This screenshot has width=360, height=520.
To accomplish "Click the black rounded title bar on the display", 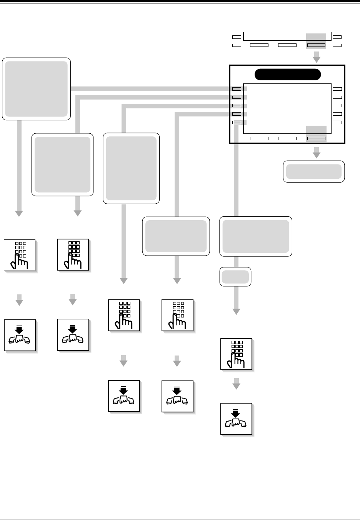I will click(288, 75).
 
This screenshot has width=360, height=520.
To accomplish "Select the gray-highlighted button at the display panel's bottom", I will click(316, 138).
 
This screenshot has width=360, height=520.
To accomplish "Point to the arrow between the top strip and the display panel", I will click(316, 58).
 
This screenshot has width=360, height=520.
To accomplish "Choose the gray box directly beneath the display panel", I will click(314, 171).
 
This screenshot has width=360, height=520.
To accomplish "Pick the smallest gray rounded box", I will click(235, 277).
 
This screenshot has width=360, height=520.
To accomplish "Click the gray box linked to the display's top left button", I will click(37, 89).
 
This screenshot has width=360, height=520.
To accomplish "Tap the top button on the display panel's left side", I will click(237, 89).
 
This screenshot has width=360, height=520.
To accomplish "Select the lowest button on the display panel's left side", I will click(237, 122).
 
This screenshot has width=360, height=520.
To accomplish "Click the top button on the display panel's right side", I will click(337, 89).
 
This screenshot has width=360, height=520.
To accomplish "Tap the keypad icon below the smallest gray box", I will click(236, 354).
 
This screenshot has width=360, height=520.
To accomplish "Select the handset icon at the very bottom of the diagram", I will click(236, 419).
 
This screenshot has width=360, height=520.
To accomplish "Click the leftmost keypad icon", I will click(20, 255).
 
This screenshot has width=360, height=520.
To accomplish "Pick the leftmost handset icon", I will click(20, 335).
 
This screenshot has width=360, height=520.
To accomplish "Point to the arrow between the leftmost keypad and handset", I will click(19, 300).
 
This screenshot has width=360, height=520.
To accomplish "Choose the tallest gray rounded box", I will click(131, 168).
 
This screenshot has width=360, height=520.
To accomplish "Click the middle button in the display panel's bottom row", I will click(287, 138).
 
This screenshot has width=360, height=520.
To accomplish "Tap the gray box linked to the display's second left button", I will click(62, 164).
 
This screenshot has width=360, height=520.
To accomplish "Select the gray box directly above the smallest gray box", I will click(256, 236).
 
